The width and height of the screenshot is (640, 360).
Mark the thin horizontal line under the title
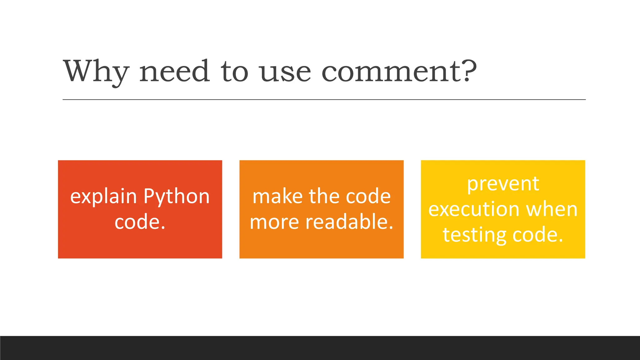(324, 100)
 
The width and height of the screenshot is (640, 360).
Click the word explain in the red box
(103, 197)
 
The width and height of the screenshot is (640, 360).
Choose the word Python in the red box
(177, 197)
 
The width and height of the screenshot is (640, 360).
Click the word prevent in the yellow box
(503, 184)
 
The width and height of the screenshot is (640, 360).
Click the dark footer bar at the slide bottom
(320, 348)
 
